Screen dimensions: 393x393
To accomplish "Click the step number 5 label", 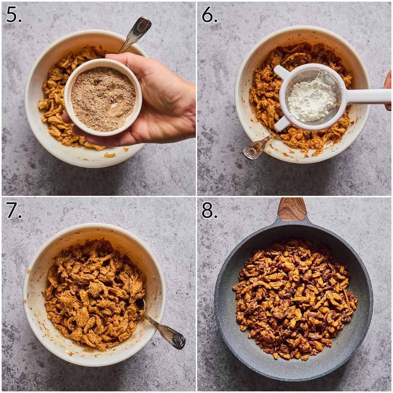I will click(14, 15).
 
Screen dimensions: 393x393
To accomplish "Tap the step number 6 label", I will click(210, 15).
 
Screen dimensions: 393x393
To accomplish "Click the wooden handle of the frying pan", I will click(292, 209).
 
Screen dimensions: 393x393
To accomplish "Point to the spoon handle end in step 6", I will click(251, 152).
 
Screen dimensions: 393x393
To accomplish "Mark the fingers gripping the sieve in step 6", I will click(388, 88).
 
